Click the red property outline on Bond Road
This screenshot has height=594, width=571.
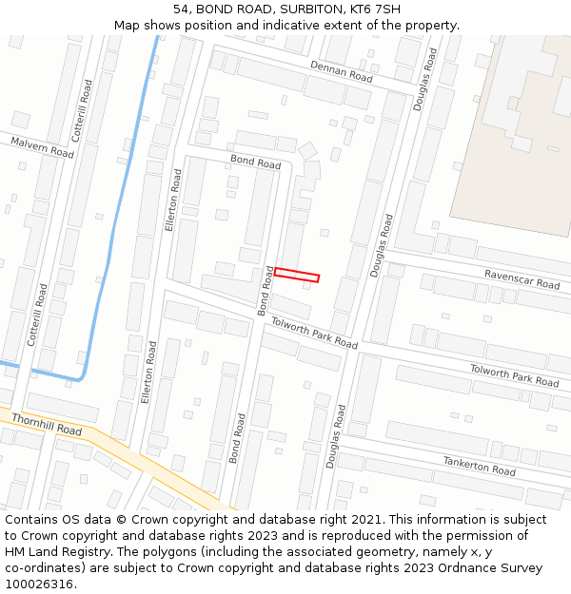tap(296, 276)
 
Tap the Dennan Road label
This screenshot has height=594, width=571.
tap(341, 70)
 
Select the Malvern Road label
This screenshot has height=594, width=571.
tap(42, 147)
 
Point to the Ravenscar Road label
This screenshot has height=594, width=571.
tap(522, 278)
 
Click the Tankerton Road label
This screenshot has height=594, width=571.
tap(479, 466)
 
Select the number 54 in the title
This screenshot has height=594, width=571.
tap(181, 10)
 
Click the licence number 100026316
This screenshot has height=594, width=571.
tap(39, 584)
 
